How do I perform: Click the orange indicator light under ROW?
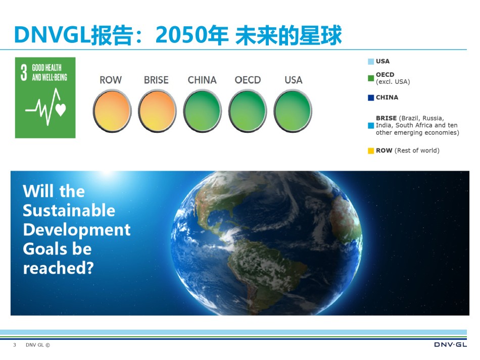click(112, 111)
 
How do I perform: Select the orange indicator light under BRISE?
click(157, 111)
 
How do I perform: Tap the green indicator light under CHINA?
click(202, 111)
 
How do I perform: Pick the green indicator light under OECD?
click(248, 111)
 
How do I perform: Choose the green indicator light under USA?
click(293, 111)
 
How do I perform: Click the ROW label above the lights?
click(111, 80)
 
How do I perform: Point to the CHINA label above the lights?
click(202, 80)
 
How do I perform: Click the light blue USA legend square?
click(371, 62)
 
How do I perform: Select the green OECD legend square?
click(371, 78)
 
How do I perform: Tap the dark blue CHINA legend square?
click(371, 97)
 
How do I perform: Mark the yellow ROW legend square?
click(371, 151)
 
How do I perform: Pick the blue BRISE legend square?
click(371, 125)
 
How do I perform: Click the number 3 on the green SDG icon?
click(24, 73)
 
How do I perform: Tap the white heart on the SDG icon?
click(61, 110)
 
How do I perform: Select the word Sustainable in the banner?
click(69, 211)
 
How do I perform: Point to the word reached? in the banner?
click(58, 268)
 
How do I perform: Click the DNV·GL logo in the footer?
click(450, 345)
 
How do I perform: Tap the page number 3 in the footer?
click(14, 345)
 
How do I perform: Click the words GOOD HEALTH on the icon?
click(46, 68)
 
